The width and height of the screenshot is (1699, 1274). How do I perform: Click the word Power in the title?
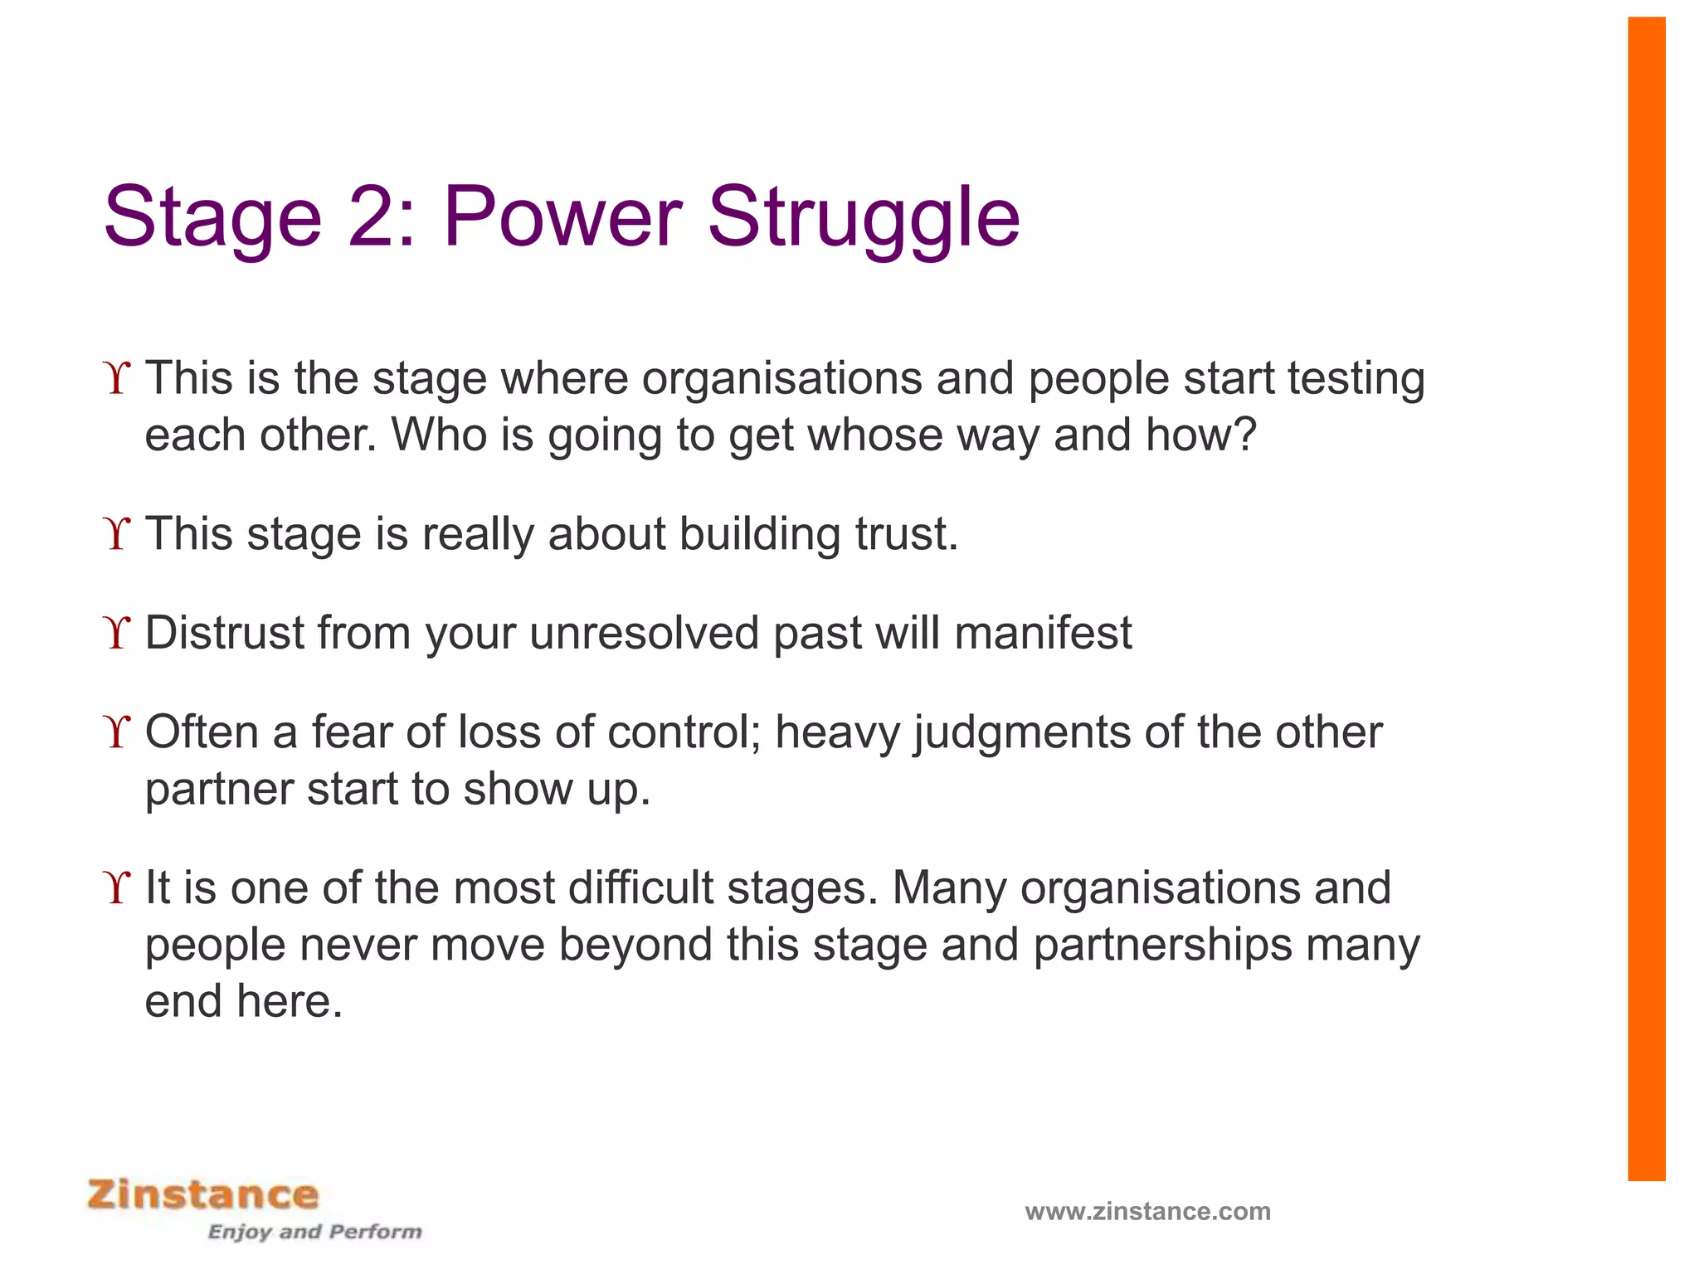coord(562,217)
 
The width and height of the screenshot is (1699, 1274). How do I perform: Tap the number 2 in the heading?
coord(371,217)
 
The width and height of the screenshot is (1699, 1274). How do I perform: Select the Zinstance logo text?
coord(203,1195)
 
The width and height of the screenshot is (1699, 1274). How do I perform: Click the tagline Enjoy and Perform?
coord(314,1232)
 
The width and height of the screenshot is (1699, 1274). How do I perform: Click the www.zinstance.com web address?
coord(1147,1212)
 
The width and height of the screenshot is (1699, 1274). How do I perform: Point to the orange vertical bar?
coord(1646,597)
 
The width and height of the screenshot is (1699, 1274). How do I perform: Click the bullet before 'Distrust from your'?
coord(118,634)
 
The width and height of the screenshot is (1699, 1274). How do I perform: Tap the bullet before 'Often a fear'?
coord(118,733)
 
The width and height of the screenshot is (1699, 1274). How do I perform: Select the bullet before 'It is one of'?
coord(118,888)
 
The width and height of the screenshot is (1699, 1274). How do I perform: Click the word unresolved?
coord(644,634)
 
